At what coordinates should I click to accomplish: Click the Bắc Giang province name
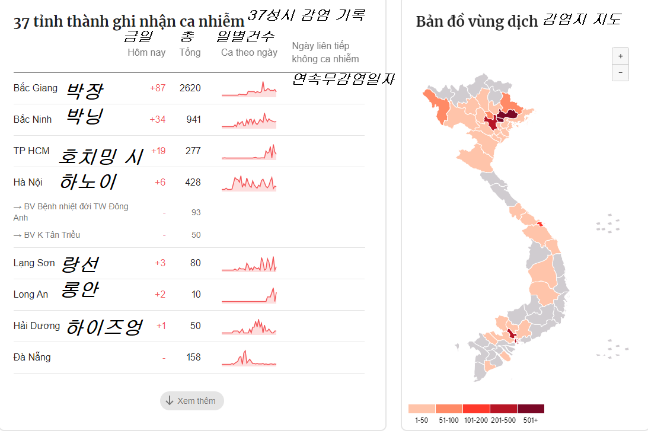click(36, 88)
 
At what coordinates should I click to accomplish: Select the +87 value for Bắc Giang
click(158, 88)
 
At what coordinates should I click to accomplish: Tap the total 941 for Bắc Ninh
click(193, 120)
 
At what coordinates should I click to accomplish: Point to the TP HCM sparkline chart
click(249, 152)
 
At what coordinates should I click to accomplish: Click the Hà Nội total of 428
click(193, 183)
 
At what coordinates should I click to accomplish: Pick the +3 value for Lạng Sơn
click(160, 263)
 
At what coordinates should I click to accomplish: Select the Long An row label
click(31, 295)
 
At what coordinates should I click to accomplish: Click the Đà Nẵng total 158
click(193, 358)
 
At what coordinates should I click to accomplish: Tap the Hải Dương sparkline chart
click(249, 327)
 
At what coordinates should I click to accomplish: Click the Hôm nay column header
click(146, 53)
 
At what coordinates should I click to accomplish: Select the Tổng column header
click(190, 53)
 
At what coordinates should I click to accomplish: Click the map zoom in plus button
click(620, 56)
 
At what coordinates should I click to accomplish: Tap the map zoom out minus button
click(620, 72)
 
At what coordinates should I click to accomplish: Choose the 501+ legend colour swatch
click(531, 409)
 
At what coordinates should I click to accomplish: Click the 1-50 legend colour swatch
click(422, 409)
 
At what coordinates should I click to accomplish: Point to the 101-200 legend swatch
click(476, 409)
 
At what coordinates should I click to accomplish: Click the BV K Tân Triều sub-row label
click(52, 235)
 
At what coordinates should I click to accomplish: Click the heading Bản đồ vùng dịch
click(477, 22)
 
